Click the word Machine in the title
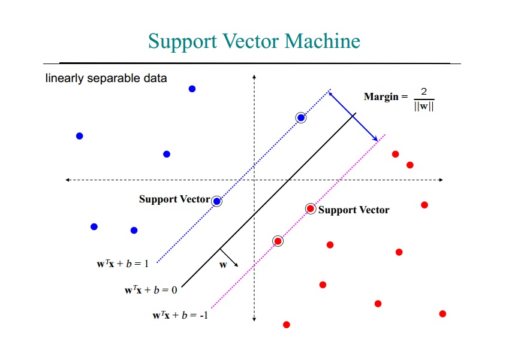pos(323,41)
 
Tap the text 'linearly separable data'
pos(106,78)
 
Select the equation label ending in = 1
pos(123,264)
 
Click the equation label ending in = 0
pos(151,290)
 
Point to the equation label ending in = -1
pos(180,315)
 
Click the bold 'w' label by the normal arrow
pos(223,265)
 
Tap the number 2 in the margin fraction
pos(424,92)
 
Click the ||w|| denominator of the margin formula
pos(424,106)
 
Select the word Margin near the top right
pos(381,96)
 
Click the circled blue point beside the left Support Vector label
pos(217,201)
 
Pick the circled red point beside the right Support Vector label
pos(311,208)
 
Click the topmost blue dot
pos(192,89)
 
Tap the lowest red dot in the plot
pos(287,325)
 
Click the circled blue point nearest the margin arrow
pos(301,118)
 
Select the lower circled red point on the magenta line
pos(278,241)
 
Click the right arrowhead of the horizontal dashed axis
pos(441,180)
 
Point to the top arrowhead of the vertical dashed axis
pos(254,77)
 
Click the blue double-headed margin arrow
pos(353,116)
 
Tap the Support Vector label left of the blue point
pos(174,199)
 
